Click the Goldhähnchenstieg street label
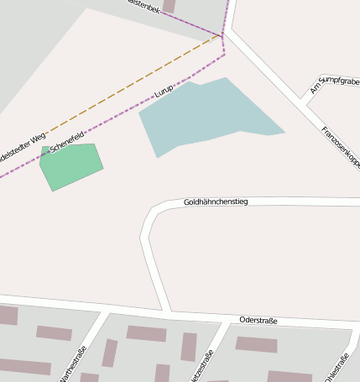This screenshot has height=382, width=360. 216,202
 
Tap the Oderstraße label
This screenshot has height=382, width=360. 258,320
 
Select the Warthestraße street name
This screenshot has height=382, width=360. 73,364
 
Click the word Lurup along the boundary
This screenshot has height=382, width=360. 164,92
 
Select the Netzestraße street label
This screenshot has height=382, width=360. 201,366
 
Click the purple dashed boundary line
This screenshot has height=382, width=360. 109,123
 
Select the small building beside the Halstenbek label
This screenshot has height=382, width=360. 169,6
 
